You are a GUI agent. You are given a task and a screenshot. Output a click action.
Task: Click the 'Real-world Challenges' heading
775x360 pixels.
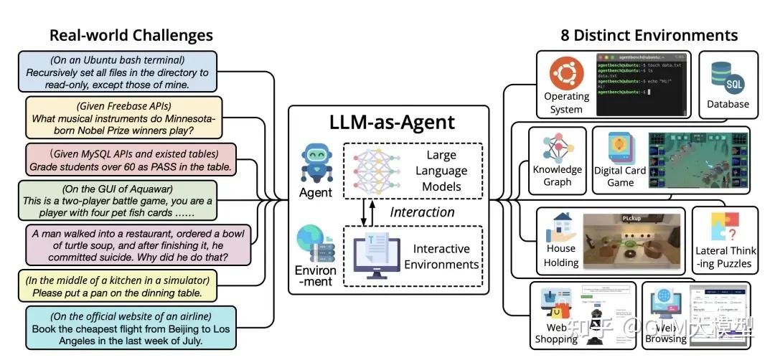[131, 35]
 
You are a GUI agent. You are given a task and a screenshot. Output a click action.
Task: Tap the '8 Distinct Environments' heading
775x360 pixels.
[649, 35]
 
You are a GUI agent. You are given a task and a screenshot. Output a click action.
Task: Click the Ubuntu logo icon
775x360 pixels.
[565, 73]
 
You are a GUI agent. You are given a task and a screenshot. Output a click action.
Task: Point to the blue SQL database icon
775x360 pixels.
[727, 78]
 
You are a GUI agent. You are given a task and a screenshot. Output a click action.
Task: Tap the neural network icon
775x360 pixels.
[377, 170]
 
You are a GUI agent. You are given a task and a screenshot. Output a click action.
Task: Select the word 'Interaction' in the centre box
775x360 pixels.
[422, 212]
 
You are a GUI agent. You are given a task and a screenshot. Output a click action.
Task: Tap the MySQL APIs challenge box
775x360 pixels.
[130, 160]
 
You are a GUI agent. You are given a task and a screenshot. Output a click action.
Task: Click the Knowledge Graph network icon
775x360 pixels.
[557, 147]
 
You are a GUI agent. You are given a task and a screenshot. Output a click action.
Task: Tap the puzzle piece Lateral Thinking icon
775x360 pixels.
[724, 227]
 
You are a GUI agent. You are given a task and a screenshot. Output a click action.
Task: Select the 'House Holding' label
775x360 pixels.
[561, 256]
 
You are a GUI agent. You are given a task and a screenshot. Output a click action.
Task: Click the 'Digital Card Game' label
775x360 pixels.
[619, 176]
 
